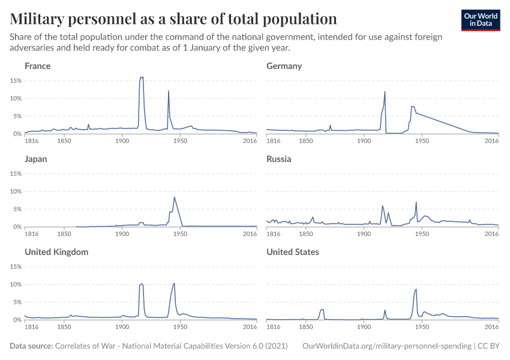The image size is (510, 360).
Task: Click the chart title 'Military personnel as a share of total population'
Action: pyautogui.click(x=173, y=18)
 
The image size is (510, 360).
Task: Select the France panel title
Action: pyautogui.click(x=37, y=66)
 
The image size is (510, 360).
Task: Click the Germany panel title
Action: pyautogui.click(x=284, y=66)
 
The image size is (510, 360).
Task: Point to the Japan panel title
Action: pyautogui.click(x=35, y=159)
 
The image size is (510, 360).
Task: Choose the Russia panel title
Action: pyautogui.click(x=279, y=159)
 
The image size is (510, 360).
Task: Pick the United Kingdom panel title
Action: pyautogui.click(x=56, y=252)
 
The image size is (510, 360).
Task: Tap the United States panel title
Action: pyautogui.click(x=293, y=252)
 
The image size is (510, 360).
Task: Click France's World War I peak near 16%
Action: pyautogui.click(x=142, y=77)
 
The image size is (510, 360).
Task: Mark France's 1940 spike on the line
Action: pyautogui.click(x=169, y=91)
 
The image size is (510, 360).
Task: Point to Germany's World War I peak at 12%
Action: pyautogui.click(x=385, y=92)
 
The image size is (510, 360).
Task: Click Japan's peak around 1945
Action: pyautogui.click(x=174, y=197)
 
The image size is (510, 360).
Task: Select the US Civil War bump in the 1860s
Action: pyautogui.click(x=322, y=310)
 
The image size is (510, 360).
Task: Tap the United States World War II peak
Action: pyautogui.click(x=416, y=290)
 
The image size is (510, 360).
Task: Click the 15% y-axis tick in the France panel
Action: pyautogui.click(x=16, y=80)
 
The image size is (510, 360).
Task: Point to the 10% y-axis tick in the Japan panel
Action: pyautogui.click(x=16, y=191)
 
